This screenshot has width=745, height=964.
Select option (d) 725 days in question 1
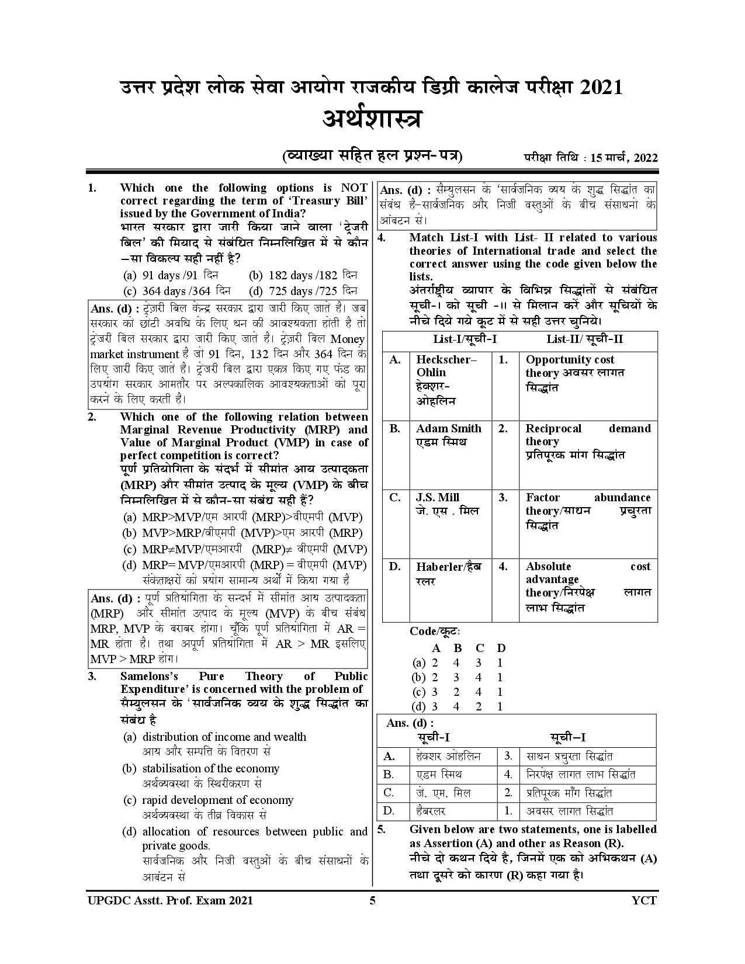point(303,290)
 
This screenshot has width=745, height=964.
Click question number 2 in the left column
point(92,417)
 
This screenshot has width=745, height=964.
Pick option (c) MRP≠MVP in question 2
point(245,549)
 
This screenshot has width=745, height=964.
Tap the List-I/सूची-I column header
point(465,339)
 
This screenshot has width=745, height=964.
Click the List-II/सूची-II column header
point(584,339)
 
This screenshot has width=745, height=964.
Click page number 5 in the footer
point(372,900)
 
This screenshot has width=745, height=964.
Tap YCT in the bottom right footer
point(644,900)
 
